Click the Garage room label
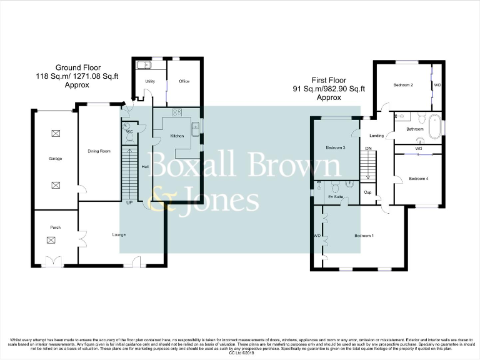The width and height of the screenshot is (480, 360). click(56, 159)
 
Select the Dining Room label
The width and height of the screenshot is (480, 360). click(99, 151)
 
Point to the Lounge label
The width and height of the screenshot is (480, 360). click(119, 235)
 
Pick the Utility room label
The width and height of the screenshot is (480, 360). click(150, 81)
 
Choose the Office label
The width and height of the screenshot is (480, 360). click(184, 81)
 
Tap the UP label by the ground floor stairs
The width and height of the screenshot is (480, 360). click(129, 203)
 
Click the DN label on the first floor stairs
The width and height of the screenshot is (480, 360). click(368, 148)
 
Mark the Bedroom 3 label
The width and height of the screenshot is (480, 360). click(336, 147)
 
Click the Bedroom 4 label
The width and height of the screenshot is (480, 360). click(418, 179)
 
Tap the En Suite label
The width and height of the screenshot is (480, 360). click(336, 196)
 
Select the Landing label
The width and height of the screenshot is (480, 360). click(376, 136)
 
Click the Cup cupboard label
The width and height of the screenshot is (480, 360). click(367, 192)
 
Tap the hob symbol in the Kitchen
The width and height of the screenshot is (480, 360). click(176, 112)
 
